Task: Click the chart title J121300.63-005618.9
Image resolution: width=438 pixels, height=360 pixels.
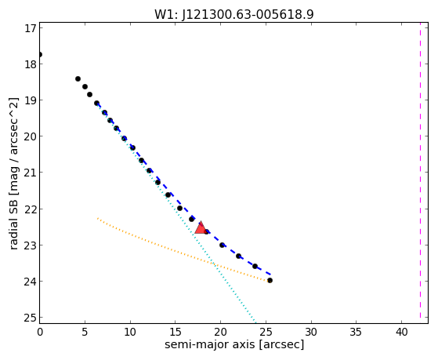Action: (234, 14)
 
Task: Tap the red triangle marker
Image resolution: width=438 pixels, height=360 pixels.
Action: (201, 228)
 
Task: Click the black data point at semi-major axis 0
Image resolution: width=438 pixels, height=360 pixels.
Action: (40, 54)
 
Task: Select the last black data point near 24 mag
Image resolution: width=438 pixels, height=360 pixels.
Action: (270, 280)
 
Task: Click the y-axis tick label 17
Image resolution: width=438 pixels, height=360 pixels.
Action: (31, 28)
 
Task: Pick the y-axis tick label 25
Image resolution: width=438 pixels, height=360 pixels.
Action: (31, 318)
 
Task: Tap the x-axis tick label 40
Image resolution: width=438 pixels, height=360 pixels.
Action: (401, 332)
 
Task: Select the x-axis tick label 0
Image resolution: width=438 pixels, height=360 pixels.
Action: (40, 332)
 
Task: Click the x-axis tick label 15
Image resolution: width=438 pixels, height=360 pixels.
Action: (176, 332)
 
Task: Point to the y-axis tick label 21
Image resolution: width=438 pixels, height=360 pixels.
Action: (31, 173)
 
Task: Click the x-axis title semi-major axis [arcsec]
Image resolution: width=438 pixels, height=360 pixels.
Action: (234, 344)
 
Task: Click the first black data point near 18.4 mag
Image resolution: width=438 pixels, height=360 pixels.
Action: (78, 79)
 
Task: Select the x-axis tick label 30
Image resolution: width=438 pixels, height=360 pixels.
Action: (311, 332)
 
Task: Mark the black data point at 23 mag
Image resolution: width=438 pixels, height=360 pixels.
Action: (222, 245)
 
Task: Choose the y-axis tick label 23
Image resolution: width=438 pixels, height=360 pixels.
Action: (31, 245)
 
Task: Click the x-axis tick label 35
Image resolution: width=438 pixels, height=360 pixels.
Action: (357, 332)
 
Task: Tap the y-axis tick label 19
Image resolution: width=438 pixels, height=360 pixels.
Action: (31, 100)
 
